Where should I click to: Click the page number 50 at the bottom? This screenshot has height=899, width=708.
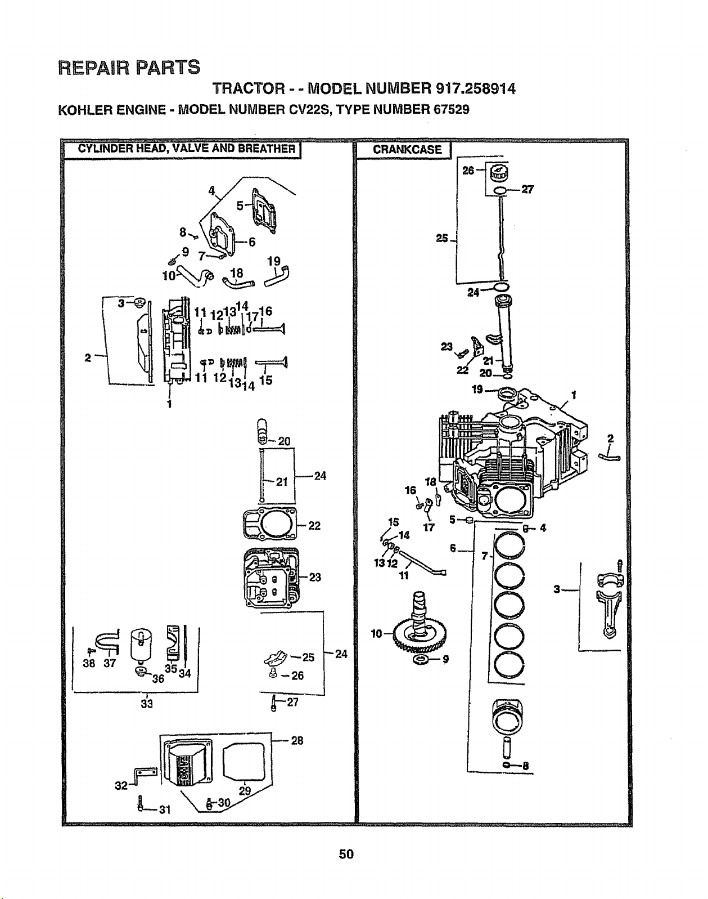pos(346,855)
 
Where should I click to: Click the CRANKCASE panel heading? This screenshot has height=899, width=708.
pos(407,150)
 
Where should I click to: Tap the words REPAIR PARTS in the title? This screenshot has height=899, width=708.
pos(129,67)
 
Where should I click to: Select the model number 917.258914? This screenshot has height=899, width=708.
pos(476,89)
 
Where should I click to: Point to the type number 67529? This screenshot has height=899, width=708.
pos(452,110)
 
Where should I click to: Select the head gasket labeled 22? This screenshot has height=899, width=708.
pos(270,524)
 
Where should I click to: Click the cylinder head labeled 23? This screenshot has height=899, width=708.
pos(271,578)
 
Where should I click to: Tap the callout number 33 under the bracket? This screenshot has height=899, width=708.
pos(147,704)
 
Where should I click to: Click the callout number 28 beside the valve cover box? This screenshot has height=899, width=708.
pos(297,741)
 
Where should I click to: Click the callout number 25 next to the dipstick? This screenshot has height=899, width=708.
pos(441,238)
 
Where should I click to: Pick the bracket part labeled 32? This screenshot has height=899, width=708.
pos(145,773)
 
